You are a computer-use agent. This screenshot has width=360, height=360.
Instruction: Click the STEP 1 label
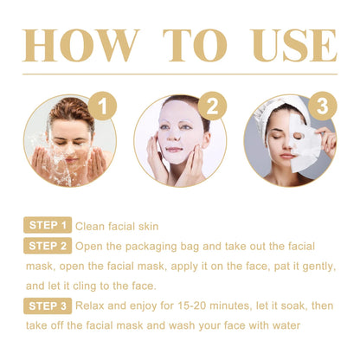[47, 226]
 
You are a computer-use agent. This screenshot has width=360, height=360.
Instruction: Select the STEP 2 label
[47, 246]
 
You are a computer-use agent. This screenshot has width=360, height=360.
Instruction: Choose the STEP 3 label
[47, 305]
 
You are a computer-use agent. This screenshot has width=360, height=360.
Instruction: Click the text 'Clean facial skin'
[117, 227]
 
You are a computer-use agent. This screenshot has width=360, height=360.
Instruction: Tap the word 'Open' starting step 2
[91, 246]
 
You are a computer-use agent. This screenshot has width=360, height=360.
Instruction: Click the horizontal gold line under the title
[180, 75]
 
